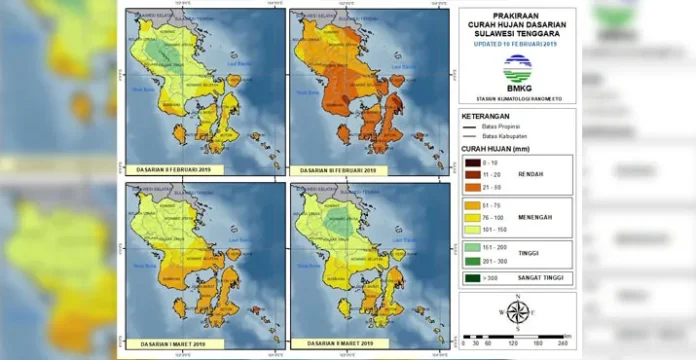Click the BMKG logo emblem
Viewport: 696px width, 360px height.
[517, 66]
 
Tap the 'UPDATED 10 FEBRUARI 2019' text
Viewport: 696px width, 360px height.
[517, 45]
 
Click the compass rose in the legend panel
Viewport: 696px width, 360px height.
[517, 313]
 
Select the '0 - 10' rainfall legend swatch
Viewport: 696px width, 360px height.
[474, 160]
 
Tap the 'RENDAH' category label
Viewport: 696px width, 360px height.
[530, 173]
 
